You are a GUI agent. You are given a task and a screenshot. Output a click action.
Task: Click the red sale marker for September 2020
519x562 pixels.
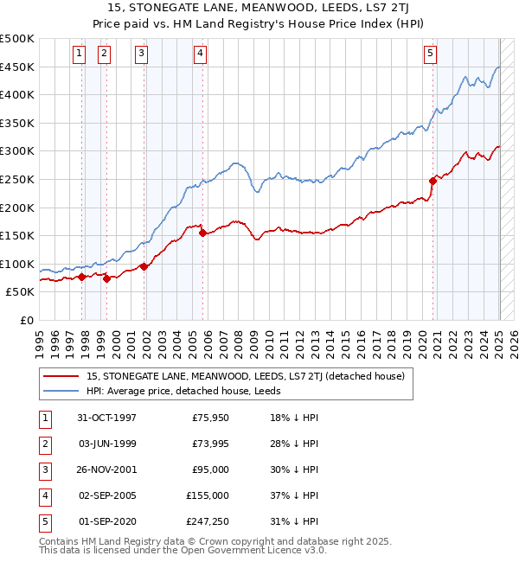432,181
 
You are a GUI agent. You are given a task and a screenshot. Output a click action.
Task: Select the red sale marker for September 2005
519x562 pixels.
202,233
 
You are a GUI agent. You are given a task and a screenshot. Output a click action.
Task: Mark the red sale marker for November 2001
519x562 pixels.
144,266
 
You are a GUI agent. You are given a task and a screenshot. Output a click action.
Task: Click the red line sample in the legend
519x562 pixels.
61,376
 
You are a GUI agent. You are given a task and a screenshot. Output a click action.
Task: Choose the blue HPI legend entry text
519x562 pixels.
190,391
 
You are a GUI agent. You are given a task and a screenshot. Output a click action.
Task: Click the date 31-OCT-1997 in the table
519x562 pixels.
106,418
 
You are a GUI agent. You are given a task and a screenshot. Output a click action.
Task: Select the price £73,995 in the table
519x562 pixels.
208,444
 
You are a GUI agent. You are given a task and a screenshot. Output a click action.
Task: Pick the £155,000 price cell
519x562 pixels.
208,495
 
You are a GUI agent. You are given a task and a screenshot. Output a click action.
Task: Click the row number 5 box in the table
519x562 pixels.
44,521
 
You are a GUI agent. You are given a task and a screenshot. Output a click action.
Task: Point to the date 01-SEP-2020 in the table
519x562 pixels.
106,521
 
